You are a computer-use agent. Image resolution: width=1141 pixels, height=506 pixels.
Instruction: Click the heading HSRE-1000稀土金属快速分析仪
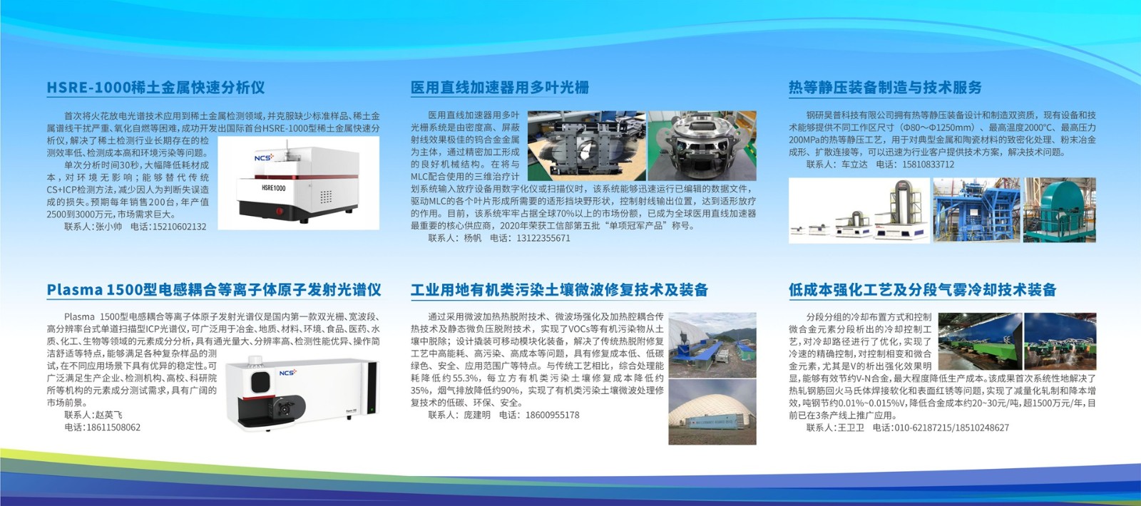(156, 88)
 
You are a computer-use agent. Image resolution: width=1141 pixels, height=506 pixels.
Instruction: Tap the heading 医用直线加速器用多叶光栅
(500, 88)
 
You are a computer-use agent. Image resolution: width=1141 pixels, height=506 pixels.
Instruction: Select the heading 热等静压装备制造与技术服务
(885, 88)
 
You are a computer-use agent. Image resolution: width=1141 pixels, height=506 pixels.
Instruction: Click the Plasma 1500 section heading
(214, 289)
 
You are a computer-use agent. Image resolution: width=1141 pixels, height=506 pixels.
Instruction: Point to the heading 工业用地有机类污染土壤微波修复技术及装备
(559, 289)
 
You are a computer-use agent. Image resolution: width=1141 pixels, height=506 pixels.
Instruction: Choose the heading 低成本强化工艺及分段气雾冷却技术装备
(923, 289)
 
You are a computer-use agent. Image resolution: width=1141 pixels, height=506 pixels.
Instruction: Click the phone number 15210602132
(179, 227)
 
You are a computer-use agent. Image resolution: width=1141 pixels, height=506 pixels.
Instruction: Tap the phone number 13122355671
(543, 238)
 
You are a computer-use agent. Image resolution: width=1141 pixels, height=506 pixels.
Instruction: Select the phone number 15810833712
(928, 165)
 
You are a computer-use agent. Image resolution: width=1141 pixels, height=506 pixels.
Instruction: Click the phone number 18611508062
(113, 427)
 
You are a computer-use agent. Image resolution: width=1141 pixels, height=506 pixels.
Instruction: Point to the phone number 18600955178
(552, 415)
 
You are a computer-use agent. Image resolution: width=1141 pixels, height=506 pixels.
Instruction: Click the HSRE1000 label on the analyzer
(274, 188)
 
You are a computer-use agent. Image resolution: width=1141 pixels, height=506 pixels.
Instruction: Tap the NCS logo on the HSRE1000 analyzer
(264, 158)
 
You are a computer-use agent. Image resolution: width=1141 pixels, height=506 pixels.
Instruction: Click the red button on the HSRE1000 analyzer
(279, 211)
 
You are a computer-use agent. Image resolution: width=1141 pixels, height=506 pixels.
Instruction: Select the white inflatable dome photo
(712, 412)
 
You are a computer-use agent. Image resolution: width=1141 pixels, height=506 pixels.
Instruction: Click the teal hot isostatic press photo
(1060, 210)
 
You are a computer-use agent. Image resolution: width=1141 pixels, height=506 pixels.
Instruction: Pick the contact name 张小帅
(108, 227)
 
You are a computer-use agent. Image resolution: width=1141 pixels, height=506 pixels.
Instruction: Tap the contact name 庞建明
(477, 415)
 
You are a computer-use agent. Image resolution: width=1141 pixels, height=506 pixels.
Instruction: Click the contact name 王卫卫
(851, 428)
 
